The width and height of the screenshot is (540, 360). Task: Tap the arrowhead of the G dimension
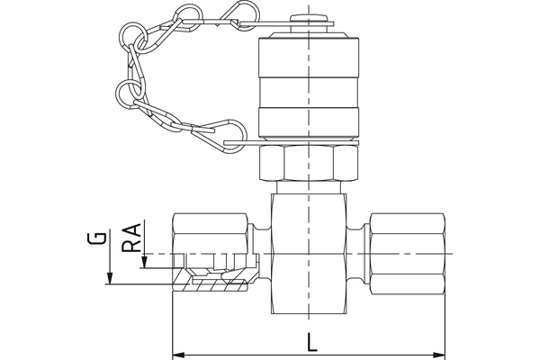109,277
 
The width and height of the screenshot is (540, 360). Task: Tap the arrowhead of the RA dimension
143,261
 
